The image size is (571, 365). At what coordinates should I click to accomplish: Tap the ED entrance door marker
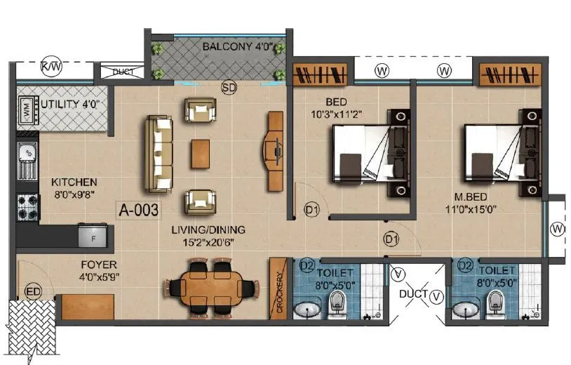[x=33, y=290]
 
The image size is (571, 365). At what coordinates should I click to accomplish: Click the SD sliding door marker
[x=229, y=87]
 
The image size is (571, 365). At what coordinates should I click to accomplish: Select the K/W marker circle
[x=51, y=67]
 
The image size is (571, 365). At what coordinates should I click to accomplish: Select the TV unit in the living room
[x=274, y=150]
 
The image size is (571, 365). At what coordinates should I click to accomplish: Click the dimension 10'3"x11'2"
[x=337, y=112]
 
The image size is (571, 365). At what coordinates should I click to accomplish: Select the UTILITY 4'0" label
[x=71, y=104]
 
